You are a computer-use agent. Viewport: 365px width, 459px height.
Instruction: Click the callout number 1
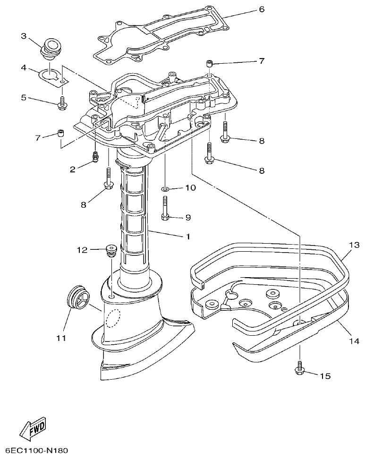coord(187,236)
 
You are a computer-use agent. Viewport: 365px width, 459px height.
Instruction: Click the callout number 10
coord(189,188)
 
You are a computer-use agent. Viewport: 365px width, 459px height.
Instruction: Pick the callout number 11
coord(61,338)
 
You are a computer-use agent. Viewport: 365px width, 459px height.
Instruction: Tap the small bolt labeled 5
coord(62,105)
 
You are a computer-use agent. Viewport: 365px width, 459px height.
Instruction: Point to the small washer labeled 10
coord(164,189)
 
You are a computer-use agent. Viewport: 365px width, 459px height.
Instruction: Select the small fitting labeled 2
coord(95,157)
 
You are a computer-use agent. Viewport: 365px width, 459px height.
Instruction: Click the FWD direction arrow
coord(34,429)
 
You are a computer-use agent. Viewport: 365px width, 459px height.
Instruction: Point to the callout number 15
coord(325,376)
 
